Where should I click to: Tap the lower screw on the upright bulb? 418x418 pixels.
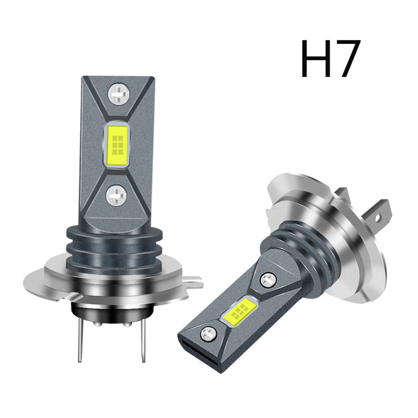(x=116, y=196)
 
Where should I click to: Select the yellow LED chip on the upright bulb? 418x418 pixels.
(x=117, y=145)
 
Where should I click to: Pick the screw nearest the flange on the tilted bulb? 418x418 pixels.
(x=268, y=280)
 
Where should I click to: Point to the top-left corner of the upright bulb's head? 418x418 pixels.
(x=84, y=78)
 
